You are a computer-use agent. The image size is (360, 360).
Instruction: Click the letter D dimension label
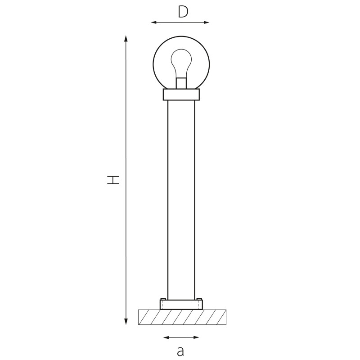click(x=183, y=12)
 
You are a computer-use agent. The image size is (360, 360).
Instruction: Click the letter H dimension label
click(x=113, y=180)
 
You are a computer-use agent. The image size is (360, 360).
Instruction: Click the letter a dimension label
click(x=181, y=351)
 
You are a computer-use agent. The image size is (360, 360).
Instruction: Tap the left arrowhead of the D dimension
click(x=154, y=22)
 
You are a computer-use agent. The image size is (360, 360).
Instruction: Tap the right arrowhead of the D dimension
click(x=206, y=22)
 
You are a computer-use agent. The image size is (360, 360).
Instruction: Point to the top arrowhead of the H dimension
click(x=126, y=38)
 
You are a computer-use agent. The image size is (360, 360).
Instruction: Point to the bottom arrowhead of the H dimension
click(x=126, y=321)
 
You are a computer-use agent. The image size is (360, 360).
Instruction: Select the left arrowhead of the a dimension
click(x=166, y=337)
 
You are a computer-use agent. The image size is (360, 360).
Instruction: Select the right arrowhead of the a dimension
click(x=196, y=337)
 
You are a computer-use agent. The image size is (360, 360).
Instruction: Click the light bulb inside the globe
click(x=181, y=63)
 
